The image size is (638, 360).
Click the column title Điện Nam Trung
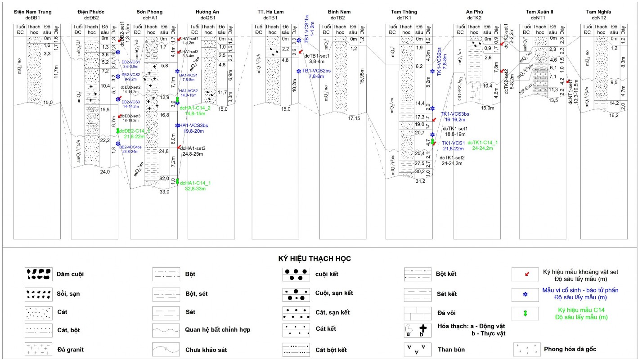(x=33, y=12)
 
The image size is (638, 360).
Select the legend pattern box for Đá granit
(x=37, y=349)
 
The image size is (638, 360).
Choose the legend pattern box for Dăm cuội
(x=37, y=274)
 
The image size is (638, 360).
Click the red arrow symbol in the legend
(x=526, y=274)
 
